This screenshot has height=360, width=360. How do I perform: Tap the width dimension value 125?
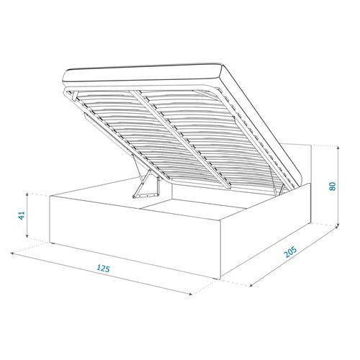click(103, 269)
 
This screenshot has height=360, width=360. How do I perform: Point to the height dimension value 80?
click(332, 185)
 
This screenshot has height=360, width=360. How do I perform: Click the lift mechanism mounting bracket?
click(145, 188)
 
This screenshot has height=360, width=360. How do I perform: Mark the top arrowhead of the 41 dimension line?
click(27, 195)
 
